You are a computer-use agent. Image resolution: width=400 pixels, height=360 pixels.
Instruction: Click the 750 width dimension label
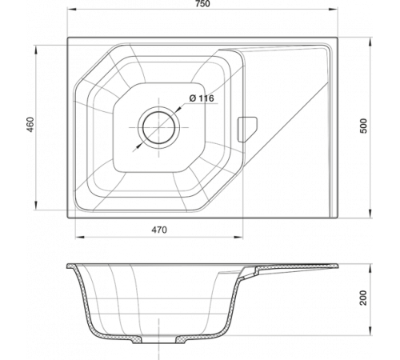tap(202, 4)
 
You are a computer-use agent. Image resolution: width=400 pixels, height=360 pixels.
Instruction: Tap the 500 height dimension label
tap(364, 126)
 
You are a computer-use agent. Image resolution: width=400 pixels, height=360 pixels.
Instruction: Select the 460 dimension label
tap(30, 125)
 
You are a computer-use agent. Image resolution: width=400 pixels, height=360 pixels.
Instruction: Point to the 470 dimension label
tap(159, 230)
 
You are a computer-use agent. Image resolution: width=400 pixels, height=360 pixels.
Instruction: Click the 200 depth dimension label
tap(363, 298)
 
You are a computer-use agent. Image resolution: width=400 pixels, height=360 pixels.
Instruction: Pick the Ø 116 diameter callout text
tap(202, 98)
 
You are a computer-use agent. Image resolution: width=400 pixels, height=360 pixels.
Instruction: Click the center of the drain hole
tap(159, 127)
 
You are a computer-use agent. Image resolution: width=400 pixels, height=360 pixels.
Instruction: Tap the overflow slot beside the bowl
tap(247, 130)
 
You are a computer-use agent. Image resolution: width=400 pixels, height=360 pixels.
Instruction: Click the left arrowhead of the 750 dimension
tap(72, 10)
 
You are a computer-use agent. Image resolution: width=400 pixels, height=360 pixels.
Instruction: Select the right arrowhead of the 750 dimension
tap(333, 10)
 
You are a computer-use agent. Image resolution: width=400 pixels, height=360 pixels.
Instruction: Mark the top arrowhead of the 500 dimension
tap(370, 42)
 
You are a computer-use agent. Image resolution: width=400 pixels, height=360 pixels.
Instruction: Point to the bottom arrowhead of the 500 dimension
tap(370, 213)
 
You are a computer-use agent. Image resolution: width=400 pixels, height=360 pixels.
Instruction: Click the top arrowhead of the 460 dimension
tap(35, 50)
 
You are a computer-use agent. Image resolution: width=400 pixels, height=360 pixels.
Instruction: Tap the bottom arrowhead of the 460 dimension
tap(35, 205)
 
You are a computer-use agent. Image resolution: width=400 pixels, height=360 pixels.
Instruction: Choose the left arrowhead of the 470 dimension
tap(80, 237)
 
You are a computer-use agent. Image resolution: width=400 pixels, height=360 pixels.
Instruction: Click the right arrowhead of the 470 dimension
tap(238, 237)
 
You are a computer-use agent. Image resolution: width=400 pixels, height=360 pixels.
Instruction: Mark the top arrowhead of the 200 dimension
tap(370, 269)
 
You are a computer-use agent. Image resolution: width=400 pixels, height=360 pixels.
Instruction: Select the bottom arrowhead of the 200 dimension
tap(370, 330)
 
